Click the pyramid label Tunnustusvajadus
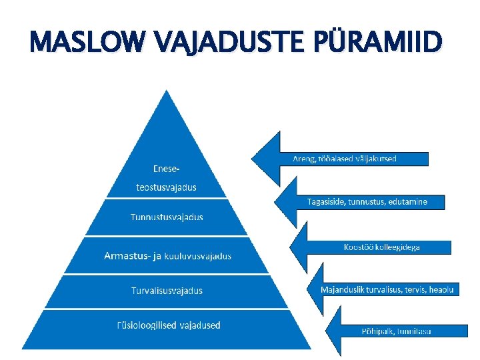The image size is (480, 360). coord(167,217)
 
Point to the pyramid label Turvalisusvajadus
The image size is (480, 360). coord(167,291)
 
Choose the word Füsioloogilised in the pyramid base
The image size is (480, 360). coord(147,325)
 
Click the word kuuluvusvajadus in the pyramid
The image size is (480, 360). coord(199,255)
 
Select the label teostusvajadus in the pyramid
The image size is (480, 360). coord(166,187)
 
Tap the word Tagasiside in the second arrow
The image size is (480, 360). coord(326,201)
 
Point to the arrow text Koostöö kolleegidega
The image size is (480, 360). coord(381,247)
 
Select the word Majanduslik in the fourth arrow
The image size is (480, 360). coord(345,289)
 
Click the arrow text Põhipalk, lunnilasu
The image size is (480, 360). coord(396,331)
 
